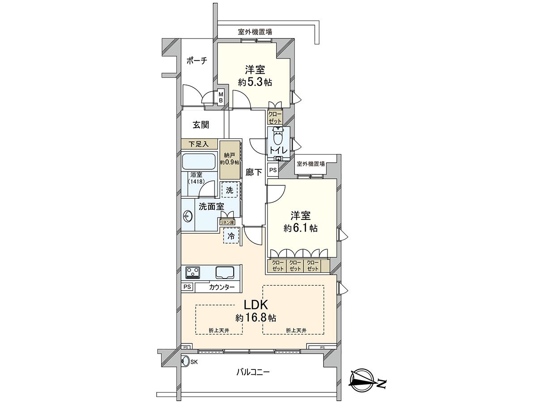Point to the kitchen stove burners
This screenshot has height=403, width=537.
(x=193, y=272)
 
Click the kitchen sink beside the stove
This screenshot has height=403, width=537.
(x=224, y=272)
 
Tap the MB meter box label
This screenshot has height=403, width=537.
(x=221, y=97)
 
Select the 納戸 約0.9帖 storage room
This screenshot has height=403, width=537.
(x=230, y=160)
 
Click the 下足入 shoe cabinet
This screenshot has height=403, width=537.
(x=199, y=144)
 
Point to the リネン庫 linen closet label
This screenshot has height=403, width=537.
(x=227, y=221)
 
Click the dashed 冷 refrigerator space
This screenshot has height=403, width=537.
(x=231, y=236)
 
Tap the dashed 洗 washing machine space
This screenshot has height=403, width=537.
(x=230, y=190)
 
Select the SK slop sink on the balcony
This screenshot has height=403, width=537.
(x=185, y=361)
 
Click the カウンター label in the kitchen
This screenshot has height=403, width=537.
(x=221, y=287)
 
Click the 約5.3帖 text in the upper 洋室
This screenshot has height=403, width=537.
(x=255, y=82)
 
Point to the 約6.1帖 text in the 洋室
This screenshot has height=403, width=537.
(x=300, y=228)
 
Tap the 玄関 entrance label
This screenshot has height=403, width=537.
(x=201, y=125)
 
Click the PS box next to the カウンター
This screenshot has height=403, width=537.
(x=187, y=287)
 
